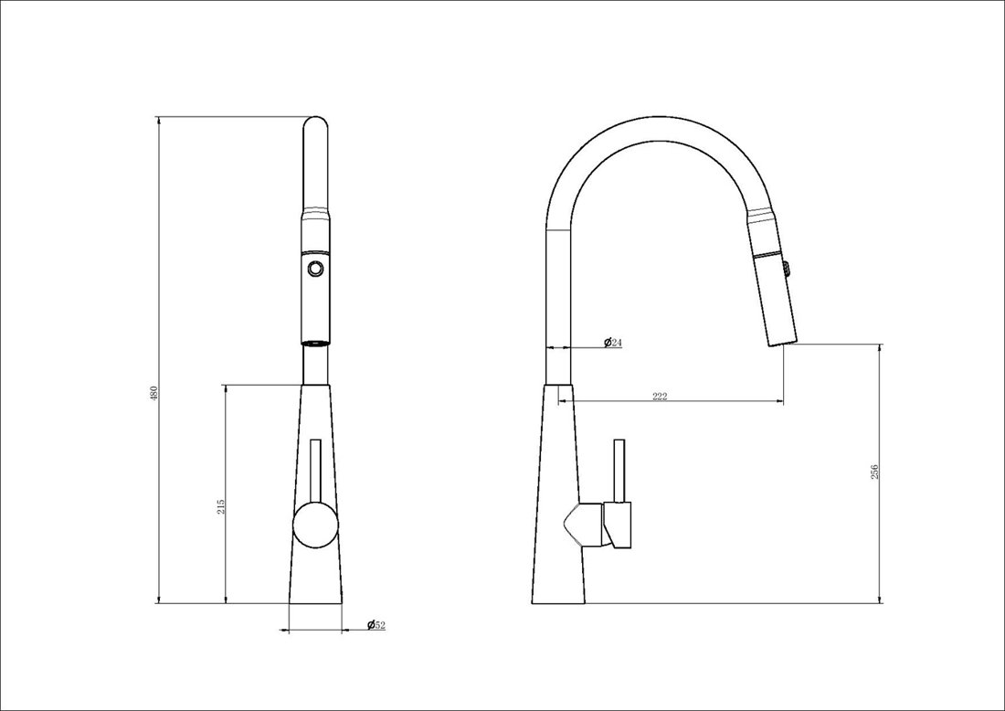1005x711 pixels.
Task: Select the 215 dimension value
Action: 220,507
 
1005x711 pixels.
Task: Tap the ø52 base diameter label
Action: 376,624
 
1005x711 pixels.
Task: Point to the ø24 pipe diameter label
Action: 613,343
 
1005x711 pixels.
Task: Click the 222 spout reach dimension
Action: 660,396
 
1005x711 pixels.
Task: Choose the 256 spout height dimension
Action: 875,472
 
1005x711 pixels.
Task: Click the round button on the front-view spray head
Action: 315,268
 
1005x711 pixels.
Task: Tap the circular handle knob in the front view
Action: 315,525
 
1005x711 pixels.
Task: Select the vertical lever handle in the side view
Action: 619,472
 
